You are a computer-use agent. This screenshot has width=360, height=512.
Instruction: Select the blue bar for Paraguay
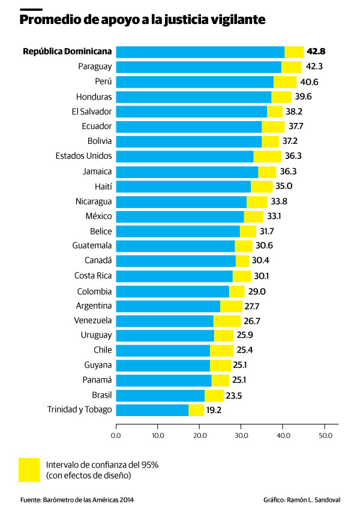click(198, 67)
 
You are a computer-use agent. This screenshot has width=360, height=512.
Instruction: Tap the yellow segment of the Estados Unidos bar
click(267, 156)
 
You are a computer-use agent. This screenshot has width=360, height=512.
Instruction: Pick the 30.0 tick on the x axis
click(241, 435)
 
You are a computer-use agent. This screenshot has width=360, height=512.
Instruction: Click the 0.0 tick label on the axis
click(116, 435)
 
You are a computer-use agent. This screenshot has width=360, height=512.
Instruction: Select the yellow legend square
click(29, 470)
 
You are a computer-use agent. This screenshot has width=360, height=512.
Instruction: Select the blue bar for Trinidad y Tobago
click(152, 410)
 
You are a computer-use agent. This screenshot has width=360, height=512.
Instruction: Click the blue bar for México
click(179, 216)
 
